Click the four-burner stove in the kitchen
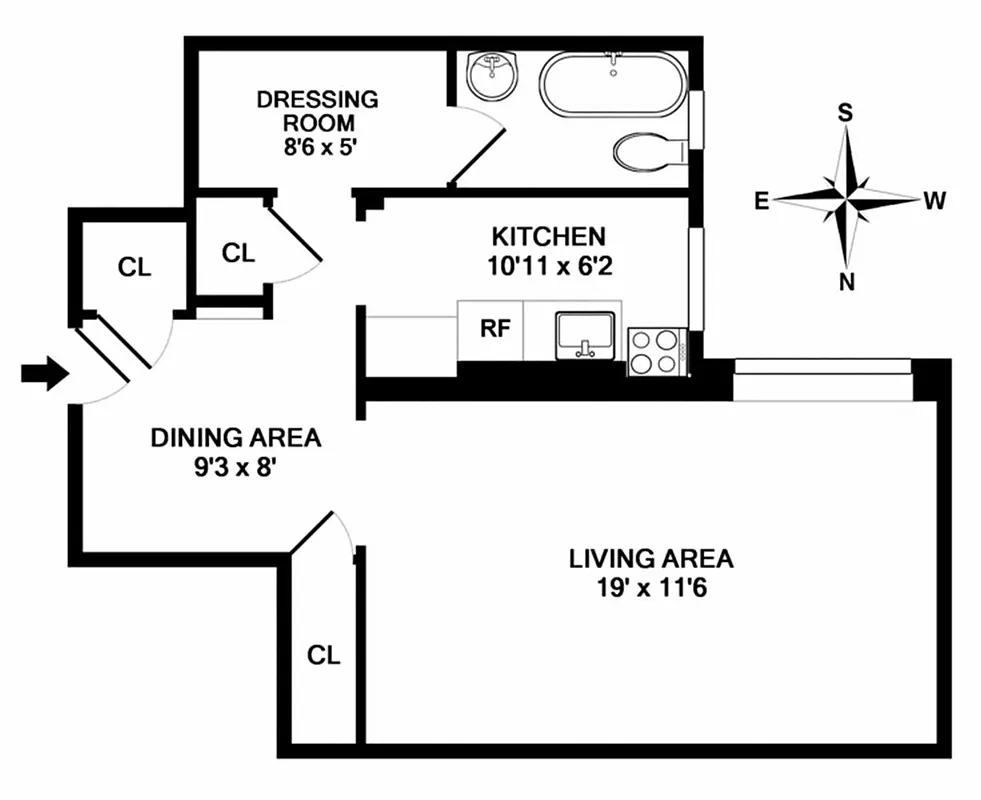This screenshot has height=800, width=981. (x=655, y=352)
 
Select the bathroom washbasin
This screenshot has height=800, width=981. (x=492, y=76)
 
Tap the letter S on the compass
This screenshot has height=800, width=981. (x=845, y=112)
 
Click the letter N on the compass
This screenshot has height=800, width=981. (x=847, y=282)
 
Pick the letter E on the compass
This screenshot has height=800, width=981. (x=762, y=201)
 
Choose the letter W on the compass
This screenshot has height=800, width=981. (x=934, y=201)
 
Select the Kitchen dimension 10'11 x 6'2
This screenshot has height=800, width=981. (x=548, y=266)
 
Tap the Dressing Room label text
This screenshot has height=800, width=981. (x=318, y=111)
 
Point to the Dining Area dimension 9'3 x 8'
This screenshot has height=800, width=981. (x=235, y=466)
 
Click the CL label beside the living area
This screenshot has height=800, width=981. (x=323, y=655)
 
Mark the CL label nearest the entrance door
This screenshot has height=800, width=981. (x=134, y=267)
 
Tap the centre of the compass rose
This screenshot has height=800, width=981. (x=847, y=198)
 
